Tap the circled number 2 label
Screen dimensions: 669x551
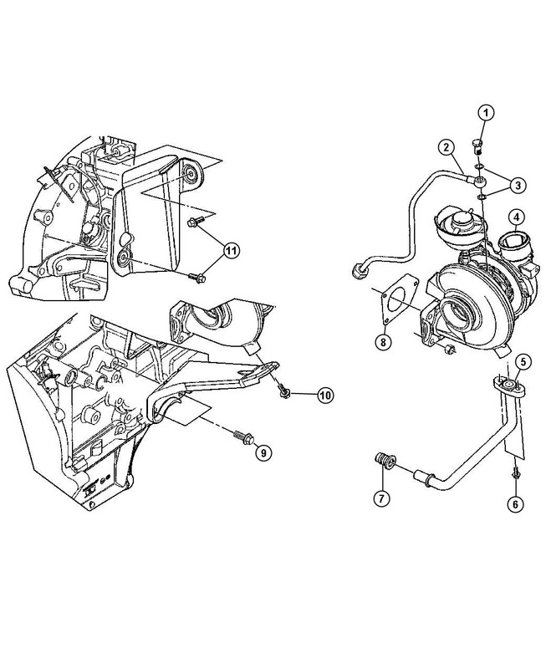[x=449, y=149]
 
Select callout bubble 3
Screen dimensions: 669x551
[x=518, y=185]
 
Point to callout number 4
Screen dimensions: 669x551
[x=518, y=220]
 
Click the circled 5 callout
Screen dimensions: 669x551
[x=522, y=362]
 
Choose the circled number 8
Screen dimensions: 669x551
[x=382, y=341]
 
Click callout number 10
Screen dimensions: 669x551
[x=324, y=396]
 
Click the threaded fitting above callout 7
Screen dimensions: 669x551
[x=384, y=460]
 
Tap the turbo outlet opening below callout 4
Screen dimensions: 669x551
[x=513, y=248]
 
